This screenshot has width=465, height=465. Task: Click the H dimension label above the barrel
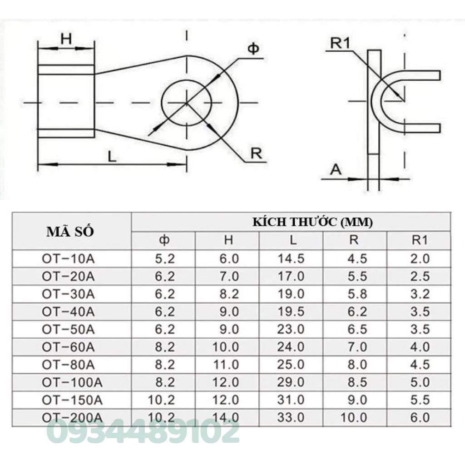coord(66,39)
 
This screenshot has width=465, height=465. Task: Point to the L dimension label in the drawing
coord(112,156)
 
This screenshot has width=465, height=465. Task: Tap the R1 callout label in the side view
coord(340,43)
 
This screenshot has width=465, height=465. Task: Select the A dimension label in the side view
coord(336,170)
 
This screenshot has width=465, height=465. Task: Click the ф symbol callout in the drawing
coord(253,48)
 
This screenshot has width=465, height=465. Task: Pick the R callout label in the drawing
coord(256,153)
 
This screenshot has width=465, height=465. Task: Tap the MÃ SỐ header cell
coord(70,232)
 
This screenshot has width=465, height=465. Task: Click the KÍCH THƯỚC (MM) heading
coord(312,222)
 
